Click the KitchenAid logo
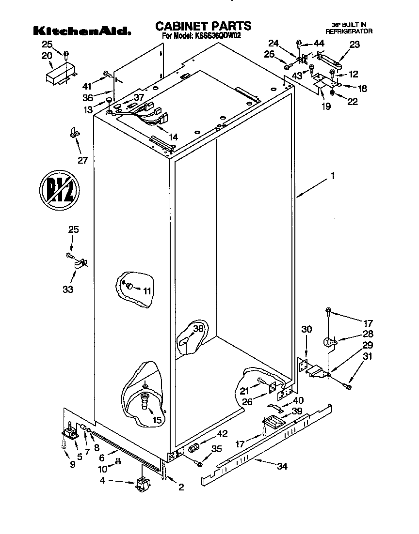point(81,31)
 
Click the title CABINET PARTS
point(203,26)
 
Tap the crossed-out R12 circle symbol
point(58,190)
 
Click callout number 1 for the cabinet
point(332,177)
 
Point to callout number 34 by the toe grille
point(282,466)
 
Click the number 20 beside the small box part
point(47,56)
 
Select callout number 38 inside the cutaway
point(198,329)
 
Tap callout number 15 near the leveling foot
point(157,420)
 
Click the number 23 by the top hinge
point(355,44)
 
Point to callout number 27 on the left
point(83,160)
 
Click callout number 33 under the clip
point(68,289)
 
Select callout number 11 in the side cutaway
point(147,290)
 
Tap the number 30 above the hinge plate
point(306,329)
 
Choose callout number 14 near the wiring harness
point(173,137)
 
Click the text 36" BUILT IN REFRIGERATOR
point(348,27)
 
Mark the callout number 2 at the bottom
point(181,488)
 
